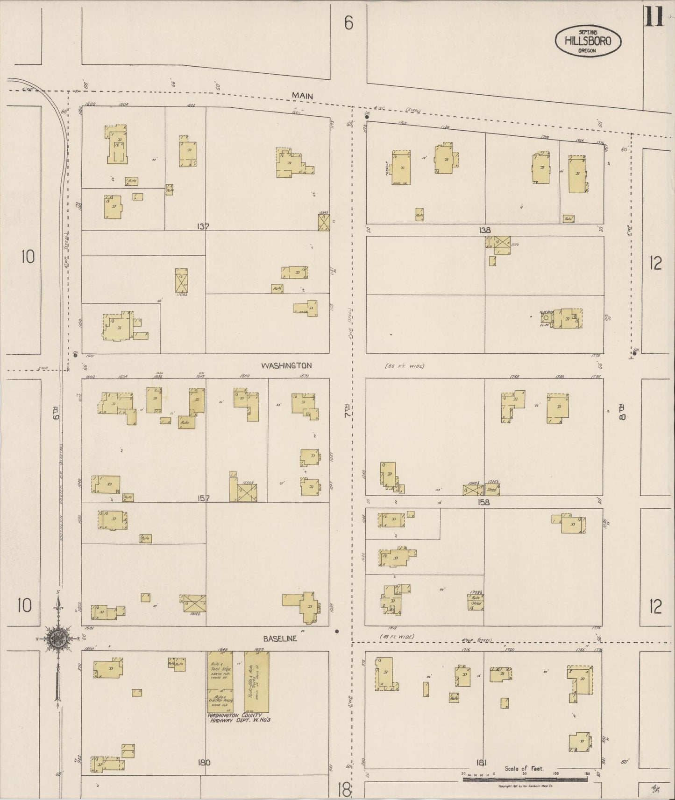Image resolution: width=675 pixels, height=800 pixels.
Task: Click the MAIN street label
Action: (302, 96)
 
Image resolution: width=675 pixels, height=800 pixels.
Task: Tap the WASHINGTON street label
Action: (286, 365)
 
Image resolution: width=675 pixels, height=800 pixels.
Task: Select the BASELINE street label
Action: (280, 639)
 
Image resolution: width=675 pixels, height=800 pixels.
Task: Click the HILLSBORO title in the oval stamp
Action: (588, 41)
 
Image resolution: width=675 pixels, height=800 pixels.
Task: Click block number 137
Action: (203, 226)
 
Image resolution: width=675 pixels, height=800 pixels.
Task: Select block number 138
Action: (485, 230)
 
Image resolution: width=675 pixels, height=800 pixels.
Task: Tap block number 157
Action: (203, 498)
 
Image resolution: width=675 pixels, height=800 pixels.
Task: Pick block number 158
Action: (483, 502)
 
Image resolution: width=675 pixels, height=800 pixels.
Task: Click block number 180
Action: (204, 763)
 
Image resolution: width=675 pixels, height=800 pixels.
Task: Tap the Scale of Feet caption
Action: (524, 768)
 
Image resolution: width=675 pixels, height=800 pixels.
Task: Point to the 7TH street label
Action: (347, 412)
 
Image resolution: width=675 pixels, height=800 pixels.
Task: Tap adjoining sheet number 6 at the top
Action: (348, 23)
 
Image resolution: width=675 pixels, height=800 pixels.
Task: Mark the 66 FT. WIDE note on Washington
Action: (405, 366)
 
